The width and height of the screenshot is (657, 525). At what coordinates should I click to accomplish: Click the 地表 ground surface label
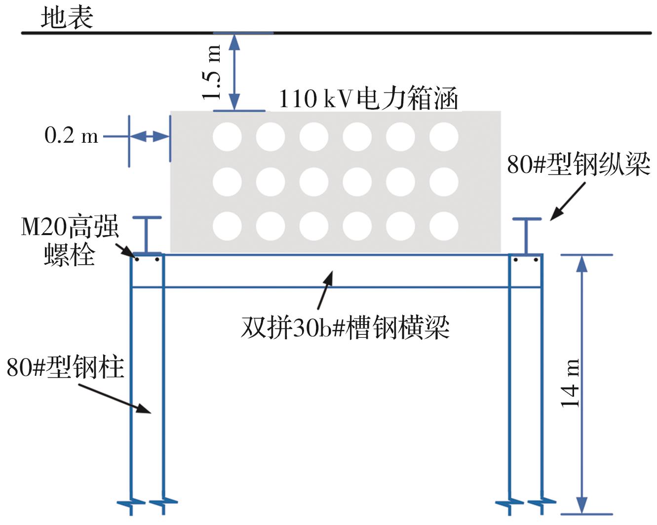pos(67,18)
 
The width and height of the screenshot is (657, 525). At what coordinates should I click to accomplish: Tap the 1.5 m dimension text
pos(212,72)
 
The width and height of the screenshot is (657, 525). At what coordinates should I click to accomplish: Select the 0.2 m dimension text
pos(71,135)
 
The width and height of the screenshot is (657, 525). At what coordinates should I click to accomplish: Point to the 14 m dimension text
pos(570,383)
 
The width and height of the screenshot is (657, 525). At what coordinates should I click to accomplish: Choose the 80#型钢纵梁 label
pos(579,164)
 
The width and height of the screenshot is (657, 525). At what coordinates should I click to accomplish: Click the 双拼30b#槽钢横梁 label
pos(345,327)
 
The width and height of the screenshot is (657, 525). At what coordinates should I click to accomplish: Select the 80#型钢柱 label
pos(65,368)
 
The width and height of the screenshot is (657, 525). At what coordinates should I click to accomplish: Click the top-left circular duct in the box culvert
pos(227,137)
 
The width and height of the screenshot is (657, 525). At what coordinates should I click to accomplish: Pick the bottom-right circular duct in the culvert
pos(444,226)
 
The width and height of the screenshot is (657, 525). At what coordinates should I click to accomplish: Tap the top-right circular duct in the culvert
pos(444,137)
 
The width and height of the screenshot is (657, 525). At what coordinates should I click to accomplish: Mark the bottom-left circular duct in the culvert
pos(227,226)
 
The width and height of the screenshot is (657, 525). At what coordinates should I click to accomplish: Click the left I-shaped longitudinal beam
pos(147,235)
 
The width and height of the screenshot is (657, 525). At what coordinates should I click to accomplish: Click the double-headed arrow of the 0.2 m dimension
pos(150,136)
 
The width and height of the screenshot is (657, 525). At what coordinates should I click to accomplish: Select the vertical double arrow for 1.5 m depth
pos(235,72)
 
